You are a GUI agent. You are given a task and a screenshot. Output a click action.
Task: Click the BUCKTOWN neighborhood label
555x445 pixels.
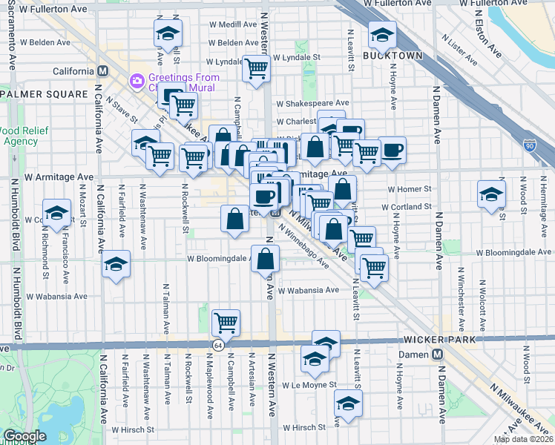pyautogui.click(x=393, y=56)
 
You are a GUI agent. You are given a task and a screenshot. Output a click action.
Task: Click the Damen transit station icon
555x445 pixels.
pyautogui.click(x=438, y=354)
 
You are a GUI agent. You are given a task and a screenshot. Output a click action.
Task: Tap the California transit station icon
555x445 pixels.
pyautogui.click(x=103, y=71)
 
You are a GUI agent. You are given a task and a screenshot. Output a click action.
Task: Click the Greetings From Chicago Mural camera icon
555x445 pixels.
pyautogui.click(x=137, y=80)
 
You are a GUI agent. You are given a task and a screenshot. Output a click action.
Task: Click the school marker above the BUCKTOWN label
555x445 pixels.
pyautogui.click(x=382, y=33)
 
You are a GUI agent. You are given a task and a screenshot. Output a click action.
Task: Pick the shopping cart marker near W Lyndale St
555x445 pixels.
pyautogui.click(x=257, y=69)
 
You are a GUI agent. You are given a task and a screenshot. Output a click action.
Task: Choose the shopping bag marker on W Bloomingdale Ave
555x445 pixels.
pyautogui.click(x=266, y=259)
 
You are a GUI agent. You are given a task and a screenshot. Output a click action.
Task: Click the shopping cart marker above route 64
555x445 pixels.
pyautogui.click(x=225, y=322)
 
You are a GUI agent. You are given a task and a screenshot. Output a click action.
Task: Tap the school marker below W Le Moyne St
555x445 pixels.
pyautogui.click(x=347, y=404)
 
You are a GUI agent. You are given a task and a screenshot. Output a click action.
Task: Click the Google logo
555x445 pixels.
pyautogui.click(x=24, y=436)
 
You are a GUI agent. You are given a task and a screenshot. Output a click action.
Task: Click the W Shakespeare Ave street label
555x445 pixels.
pyautogui.click(x=312, y=103)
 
